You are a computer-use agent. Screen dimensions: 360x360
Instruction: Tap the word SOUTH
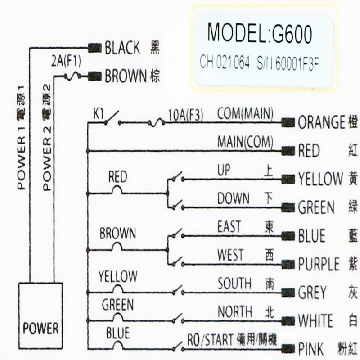pos(234,283)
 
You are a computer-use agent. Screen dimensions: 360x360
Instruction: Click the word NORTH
pos(234,311)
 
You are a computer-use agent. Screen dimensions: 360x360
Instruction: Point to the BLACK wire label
pos(122,48)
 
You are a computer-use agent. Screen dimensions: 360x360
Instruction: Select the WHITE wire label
pos(315,321)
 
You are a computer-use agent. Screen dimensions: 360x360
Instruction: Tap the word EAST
pos(229,226)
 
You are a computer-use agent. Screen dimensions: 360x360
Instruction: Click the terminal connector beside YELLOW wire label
pos(288,179)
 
